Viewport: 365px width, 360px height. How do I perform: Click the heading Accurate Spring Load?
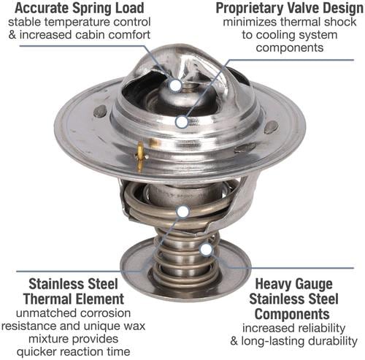coord(80,8)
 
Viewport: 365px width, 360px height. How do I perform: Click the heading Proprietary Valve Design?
coord(290,8)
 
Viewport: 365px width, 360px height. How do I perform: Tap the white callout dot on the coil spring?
coord(183,212)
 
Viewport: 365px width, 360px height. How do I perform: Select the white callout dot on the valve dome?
coord(182,122)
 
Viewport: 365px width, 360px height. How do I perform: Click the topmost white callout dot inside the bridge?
coord(175,85)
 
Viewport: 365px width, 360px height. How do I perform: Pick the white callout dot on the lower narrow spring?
coord(207,250)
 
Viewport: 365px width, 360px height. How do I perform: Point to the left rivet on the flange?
coord(100,111)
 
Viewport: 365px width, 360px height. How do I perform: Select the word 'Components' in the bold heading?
coord(292,314)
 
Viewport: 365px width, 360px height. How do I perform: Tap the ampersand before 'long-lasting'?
coord(234,341)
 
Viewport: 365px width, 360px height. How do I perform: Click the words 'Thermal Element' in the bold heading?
coord(74,299)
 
